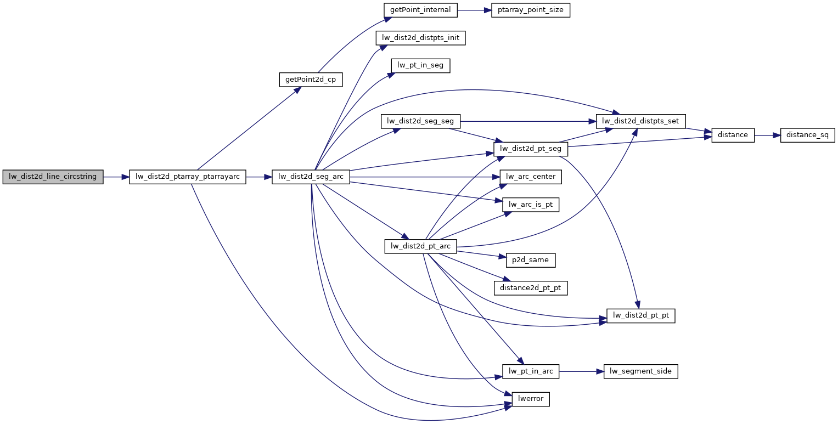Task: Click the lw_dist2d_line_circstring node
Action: coord(53,177)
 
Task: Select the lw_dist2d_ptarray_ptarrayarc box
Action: coord(187,177)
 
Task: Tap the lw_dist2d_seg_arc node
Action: coord(311,177)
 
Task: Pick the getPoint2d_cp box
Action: coord(311,80)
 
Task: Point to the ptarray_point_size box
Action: coord(531,10)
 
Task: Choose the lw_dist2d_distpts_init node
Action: coord(420,38)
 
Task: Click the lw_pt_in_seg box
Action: coord(420,66)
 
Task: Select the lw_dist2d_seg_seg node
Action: coord(420,121)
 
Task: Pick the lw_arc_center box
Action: coord(531,177)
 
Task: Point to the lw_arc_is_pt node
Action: coord(531,205)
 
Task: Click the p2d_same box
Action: coord(531,260)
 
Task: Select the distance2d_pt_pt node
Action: coord(531,287)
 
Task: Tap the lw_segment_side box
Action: coord(641,371)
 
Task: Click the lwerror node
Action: coord(531,399)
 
